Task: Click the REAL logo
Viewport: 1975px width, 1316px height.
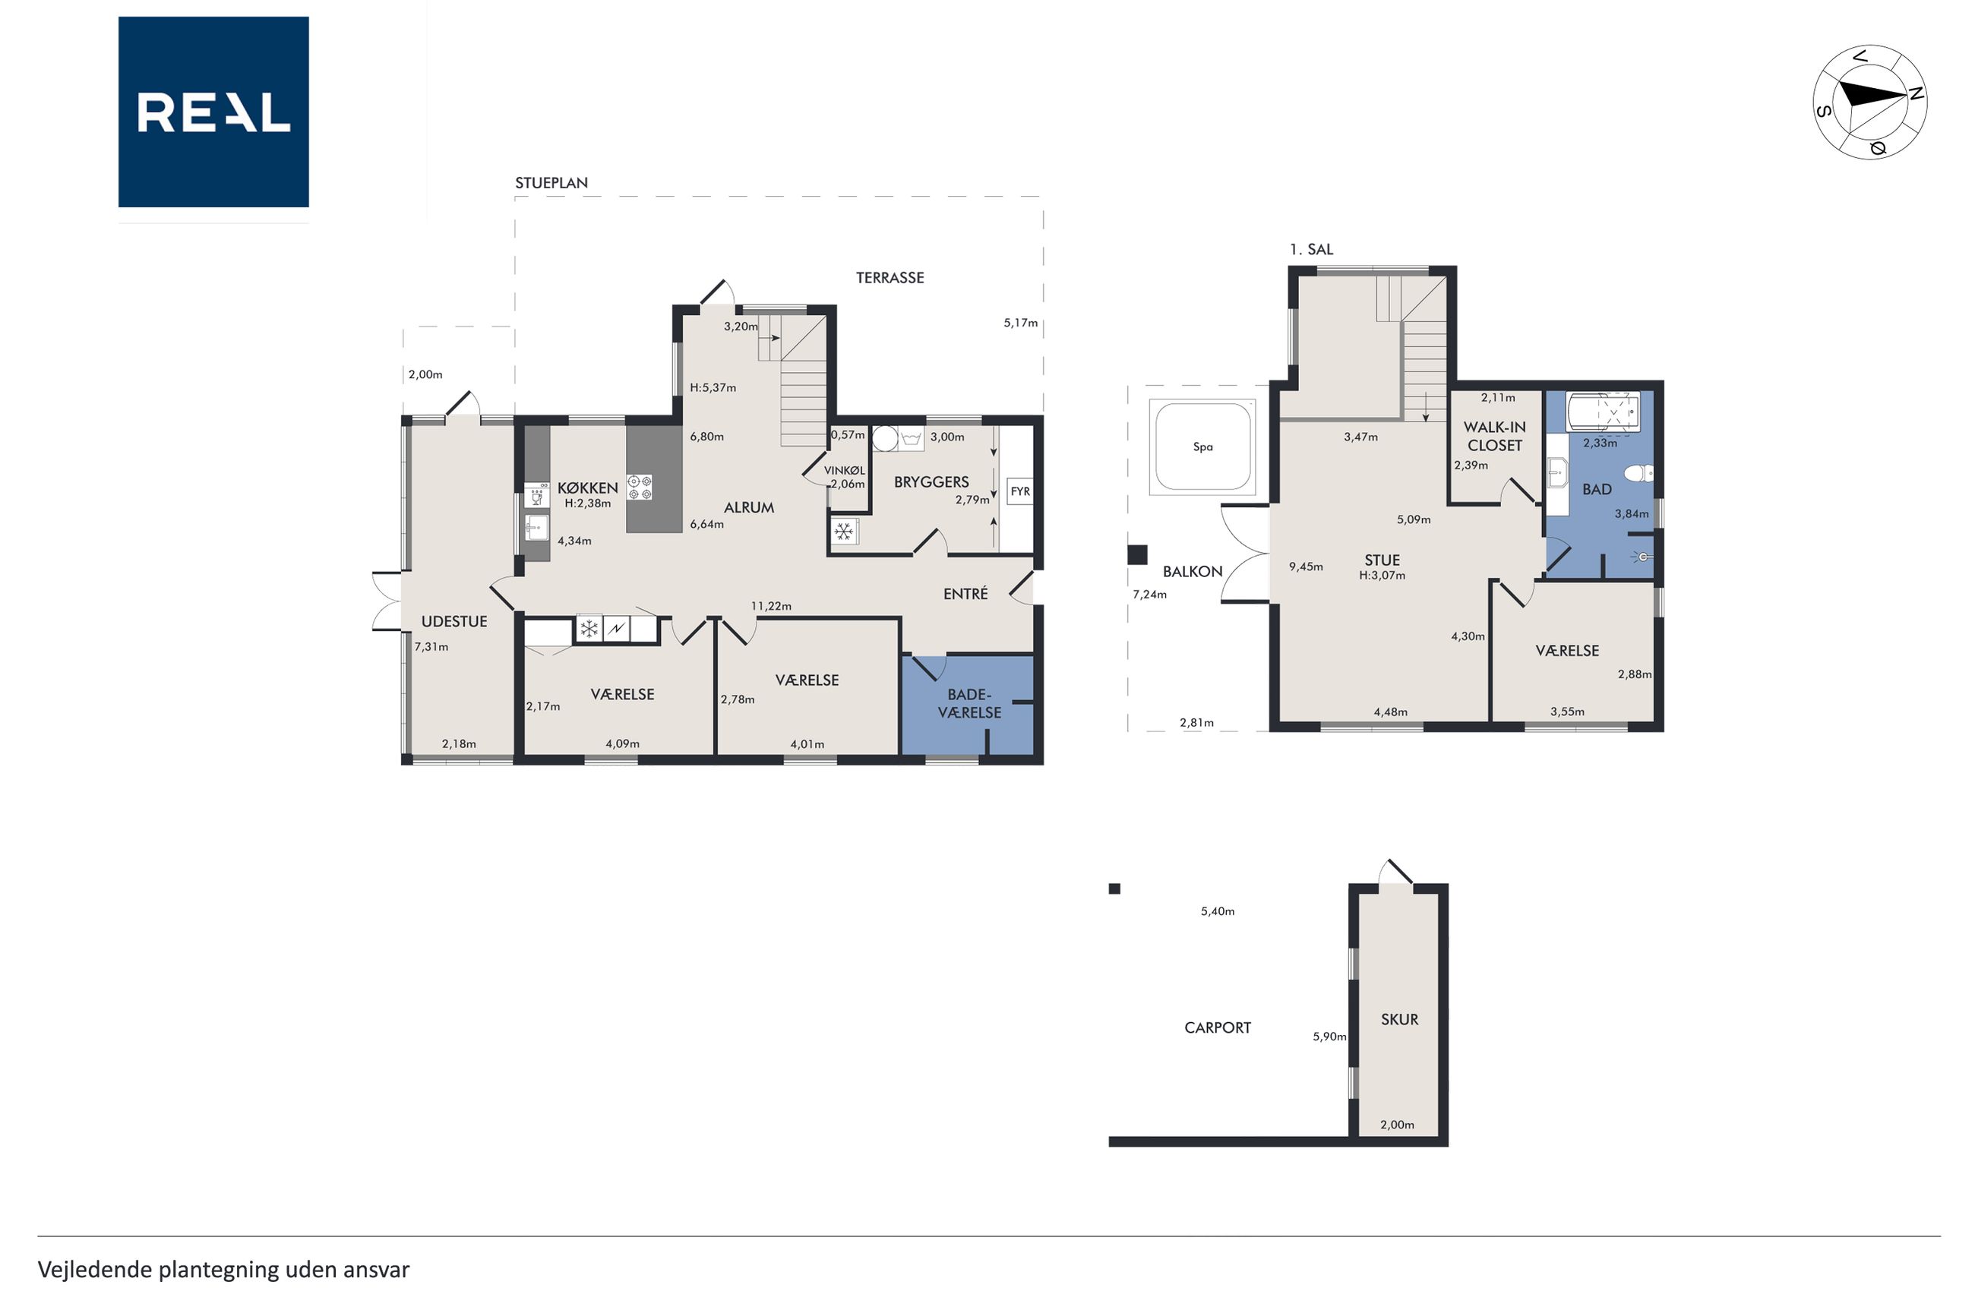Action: click(213, 112)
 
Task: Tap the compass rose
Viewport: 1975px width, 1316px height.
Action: click(1869, 103)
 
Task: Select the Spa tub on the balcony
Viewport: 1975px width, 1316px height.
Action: click(1202, 447)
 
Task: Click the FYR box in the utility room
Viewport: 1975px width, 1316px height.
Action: click(1020, 491)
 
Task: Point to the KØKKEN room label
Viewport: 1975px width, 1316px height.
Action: click(587, 488)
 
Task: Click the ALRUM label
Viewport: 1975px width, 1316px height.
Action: click(749, 507)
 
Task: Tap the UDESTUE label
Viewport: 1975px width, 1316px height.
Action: click(454, 621)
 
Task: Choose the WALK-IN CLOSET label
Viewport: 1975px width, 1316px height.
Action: click(1495, 437)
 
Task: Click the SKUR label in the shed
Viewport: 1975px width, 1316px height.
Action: click(1399, 1019)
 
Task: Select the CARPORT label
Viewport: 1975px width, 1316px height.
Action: click(1217, 1027)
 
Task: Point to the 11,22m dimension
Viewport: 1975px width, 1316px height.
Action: click(770, 606)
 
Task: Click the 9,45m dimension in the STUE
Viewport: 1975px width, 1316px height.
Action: click(1306, 566)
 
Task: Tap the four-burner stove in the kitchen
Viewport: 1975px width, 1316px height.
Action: click(640, 488)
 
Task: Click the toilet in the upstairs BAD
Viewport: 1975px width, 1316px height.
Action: click(1638, 473)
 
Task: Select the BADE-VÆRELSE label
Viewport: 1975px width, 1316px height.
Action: click(969, 703)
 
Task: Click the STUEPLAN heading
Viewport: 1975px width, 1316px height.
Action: click(551, 183)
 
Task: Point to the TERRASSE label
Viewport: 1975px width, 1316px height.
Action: click(890, 278)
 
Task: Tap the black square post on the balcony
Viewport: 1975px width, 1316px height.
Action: click(1137, 555)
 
